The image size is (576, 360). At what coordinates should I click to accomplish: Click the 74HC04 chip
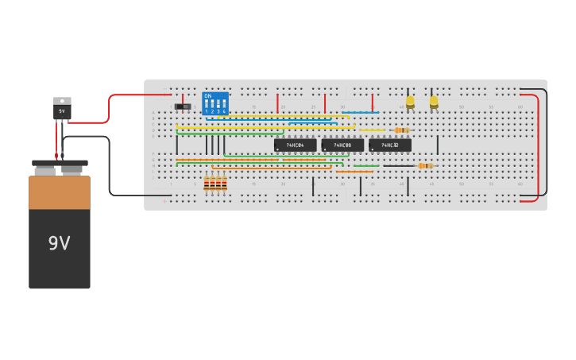(x=295, y=145)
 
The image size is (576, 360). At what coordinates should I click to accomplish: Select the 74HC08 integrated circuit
(x=342, y=145)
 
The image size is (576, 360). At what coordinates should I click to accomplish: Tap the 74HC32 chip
(x=389, y=145)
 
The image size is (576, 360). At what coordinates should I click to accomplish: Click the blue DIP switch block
(x=215, y=103)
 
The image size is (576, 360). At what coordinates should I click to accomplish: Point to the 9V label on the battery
(x=60, y=243)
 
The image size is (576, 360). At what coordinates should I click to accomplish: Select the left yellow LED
(x=410, y=102)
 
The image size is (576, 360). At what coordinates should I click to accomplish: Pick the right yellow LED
(x=434, y=102)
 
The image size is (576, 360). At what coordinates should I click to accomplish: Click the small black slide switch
(x=183, y=106)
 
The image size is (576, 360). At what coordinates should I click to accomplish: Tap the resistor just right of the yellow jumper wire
(x=401, y=130)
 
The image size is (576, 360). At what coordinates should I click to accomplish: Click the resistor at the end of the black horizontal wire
(x=425, y=165)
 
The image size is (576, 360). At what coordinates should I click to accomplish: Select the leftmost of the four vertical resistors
(x=207, y=184)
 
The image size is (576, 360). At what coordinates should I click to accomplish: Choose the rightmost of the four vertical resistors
(x=224, y=184)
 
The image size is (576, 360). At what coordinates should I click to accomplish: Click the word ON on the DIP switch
(x=208, y=95)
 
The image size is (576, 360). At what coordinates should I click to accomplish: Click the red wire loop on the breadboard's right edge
(x=538, y=147)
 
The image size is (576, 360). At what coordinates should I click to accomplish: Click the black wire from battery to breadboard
(x=109, y=167)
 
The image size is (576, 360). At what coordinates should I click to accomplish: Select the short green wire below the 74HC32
(x=366, y=165)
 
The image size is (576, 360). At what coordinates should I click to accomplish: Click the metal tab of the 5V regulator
(x=62, y=101)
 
